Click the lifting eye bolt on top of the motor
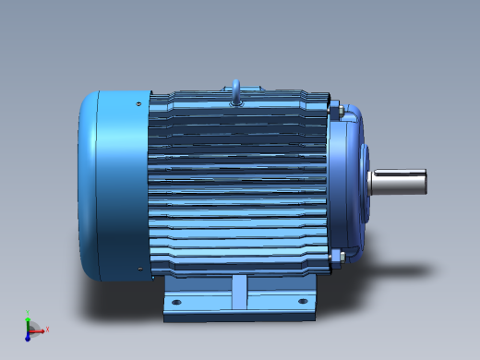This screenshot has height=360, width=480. (236, 90)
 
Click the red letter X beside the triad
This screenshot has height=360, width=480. (47, 328)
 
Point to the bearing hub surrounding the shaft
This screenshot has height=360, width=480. (366, 182)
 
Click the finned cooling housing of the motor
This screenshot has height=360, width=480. (240, 185)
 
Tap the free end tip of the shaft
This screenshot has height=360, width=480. (425, 182)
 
